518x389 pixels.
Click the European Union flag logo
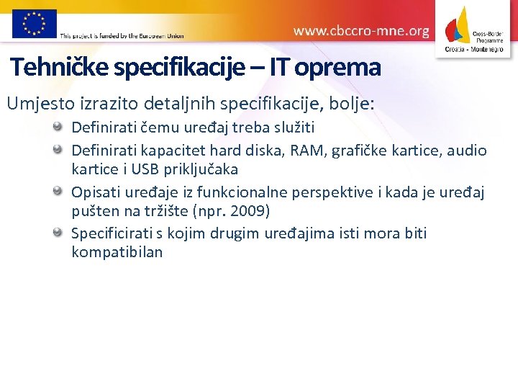pos(35,24)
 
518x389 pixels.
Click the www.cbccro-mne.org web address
pos(361,31)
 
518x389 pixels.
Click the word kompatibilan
pos(117,252)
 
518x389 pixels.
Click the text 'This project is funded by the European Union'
pos(122,35)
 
